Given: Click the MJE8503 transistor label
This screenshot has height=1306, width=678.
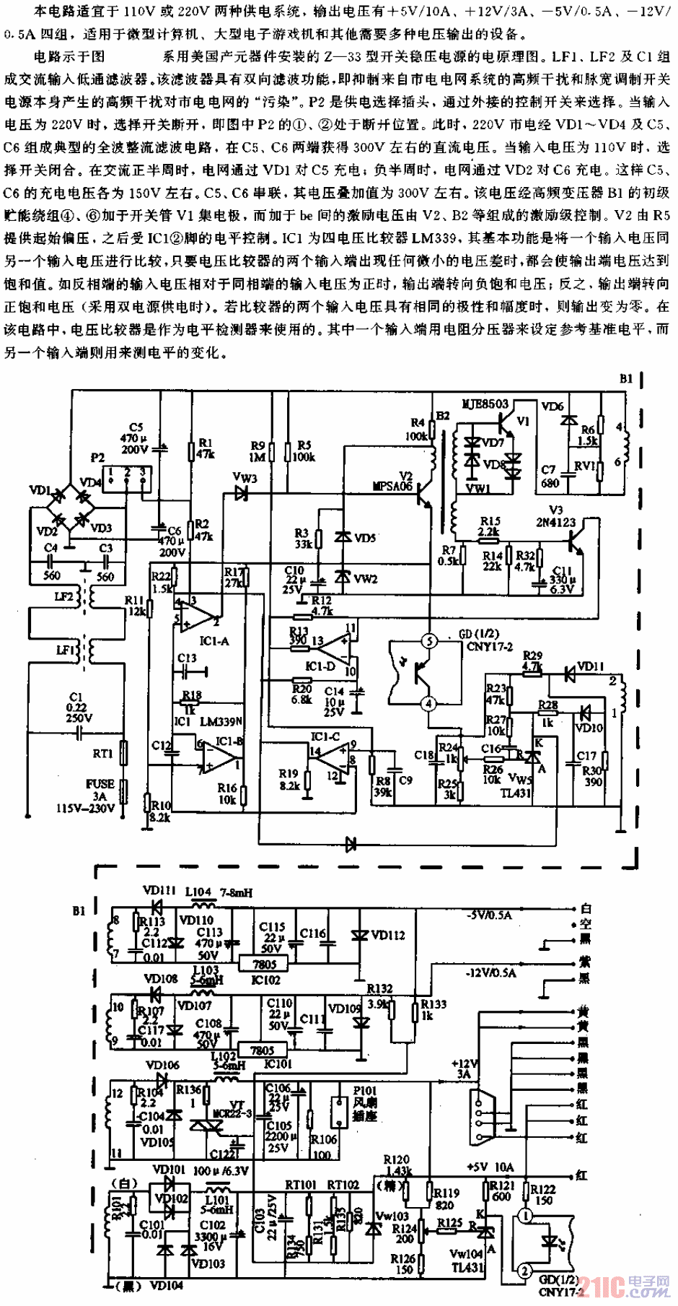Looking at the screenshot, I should click(x=485, y=403).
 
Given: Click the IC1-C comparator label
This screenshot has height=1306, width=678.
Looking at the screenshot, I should click(x=325, y=736).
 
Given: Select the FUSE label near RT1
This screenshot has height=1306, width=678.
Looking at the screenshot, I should click(x=100, y=783).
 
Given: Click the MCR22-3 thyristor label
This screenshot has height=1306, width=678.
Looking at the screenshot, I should click(x=230, y=1114).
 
